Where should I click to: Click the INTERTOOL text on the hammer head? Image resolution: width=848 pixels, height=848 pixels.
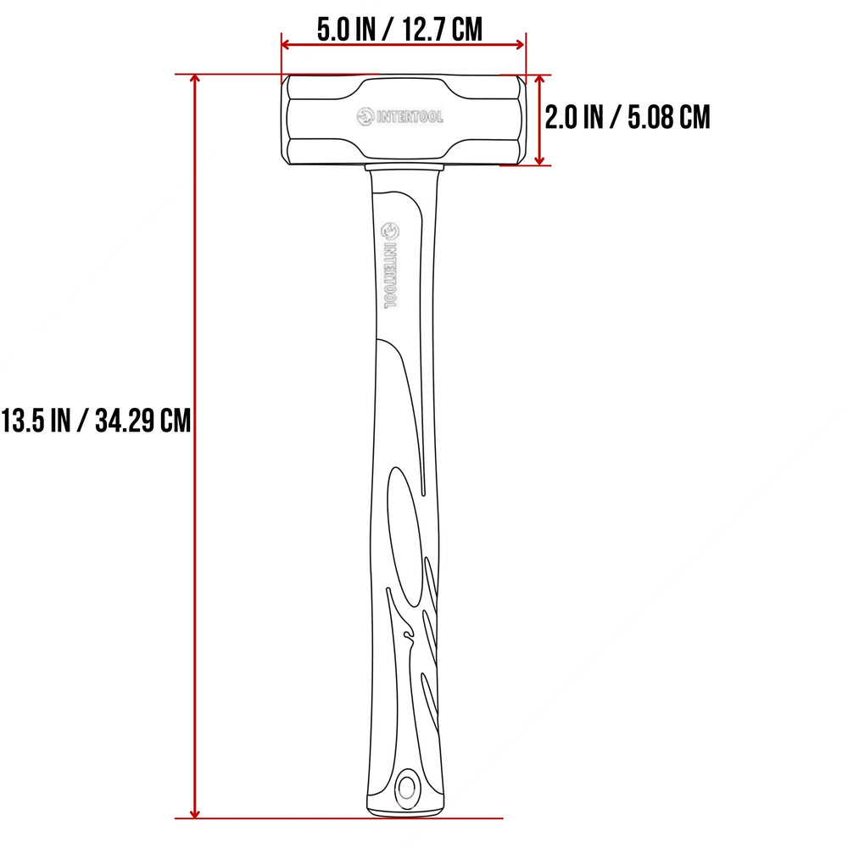click(410, 117)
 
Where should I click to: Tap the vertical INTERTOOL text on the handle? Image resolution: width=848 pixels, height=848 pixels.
click(389, 276)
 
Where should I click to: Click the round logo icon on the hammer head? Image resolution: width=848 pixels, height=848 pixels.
click(365, 116)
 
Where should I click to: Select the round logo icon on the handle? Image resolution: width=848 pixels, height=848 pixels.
click(389, 230)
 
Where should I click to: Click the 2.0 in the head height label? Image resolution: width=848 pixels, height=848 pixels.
click(561, 117)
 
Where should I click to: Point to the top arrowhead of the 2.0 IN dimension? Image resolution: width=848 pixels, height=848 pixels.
click(539, 79)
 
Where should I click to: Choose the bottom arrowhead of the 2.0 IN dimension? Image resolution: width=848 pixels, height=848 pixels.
click(539, 160)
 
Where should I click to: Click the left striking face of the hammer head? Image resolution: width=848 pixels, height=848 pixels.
click(284, 119)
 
